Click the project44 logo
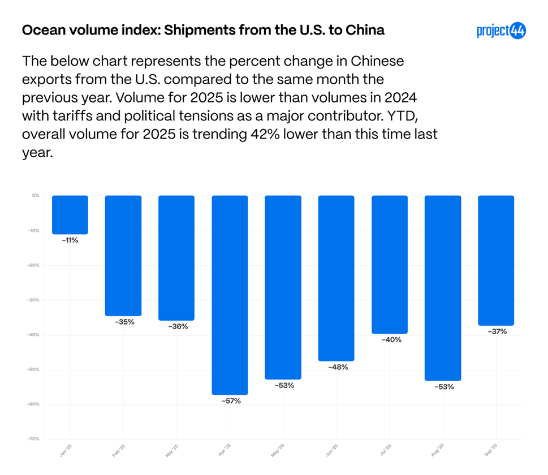[501, 31]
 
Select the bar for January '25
[70, 215]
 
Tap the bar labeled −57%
[230, 295]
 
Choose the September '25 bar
[496, 260]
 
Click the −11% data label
[70, 240]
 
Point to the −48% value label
[338, 367]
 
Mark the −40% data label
[391, 340]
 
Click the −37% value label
[497, 331]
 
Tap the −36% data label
[178, 326]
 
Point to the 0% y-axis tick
[36, 196]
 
